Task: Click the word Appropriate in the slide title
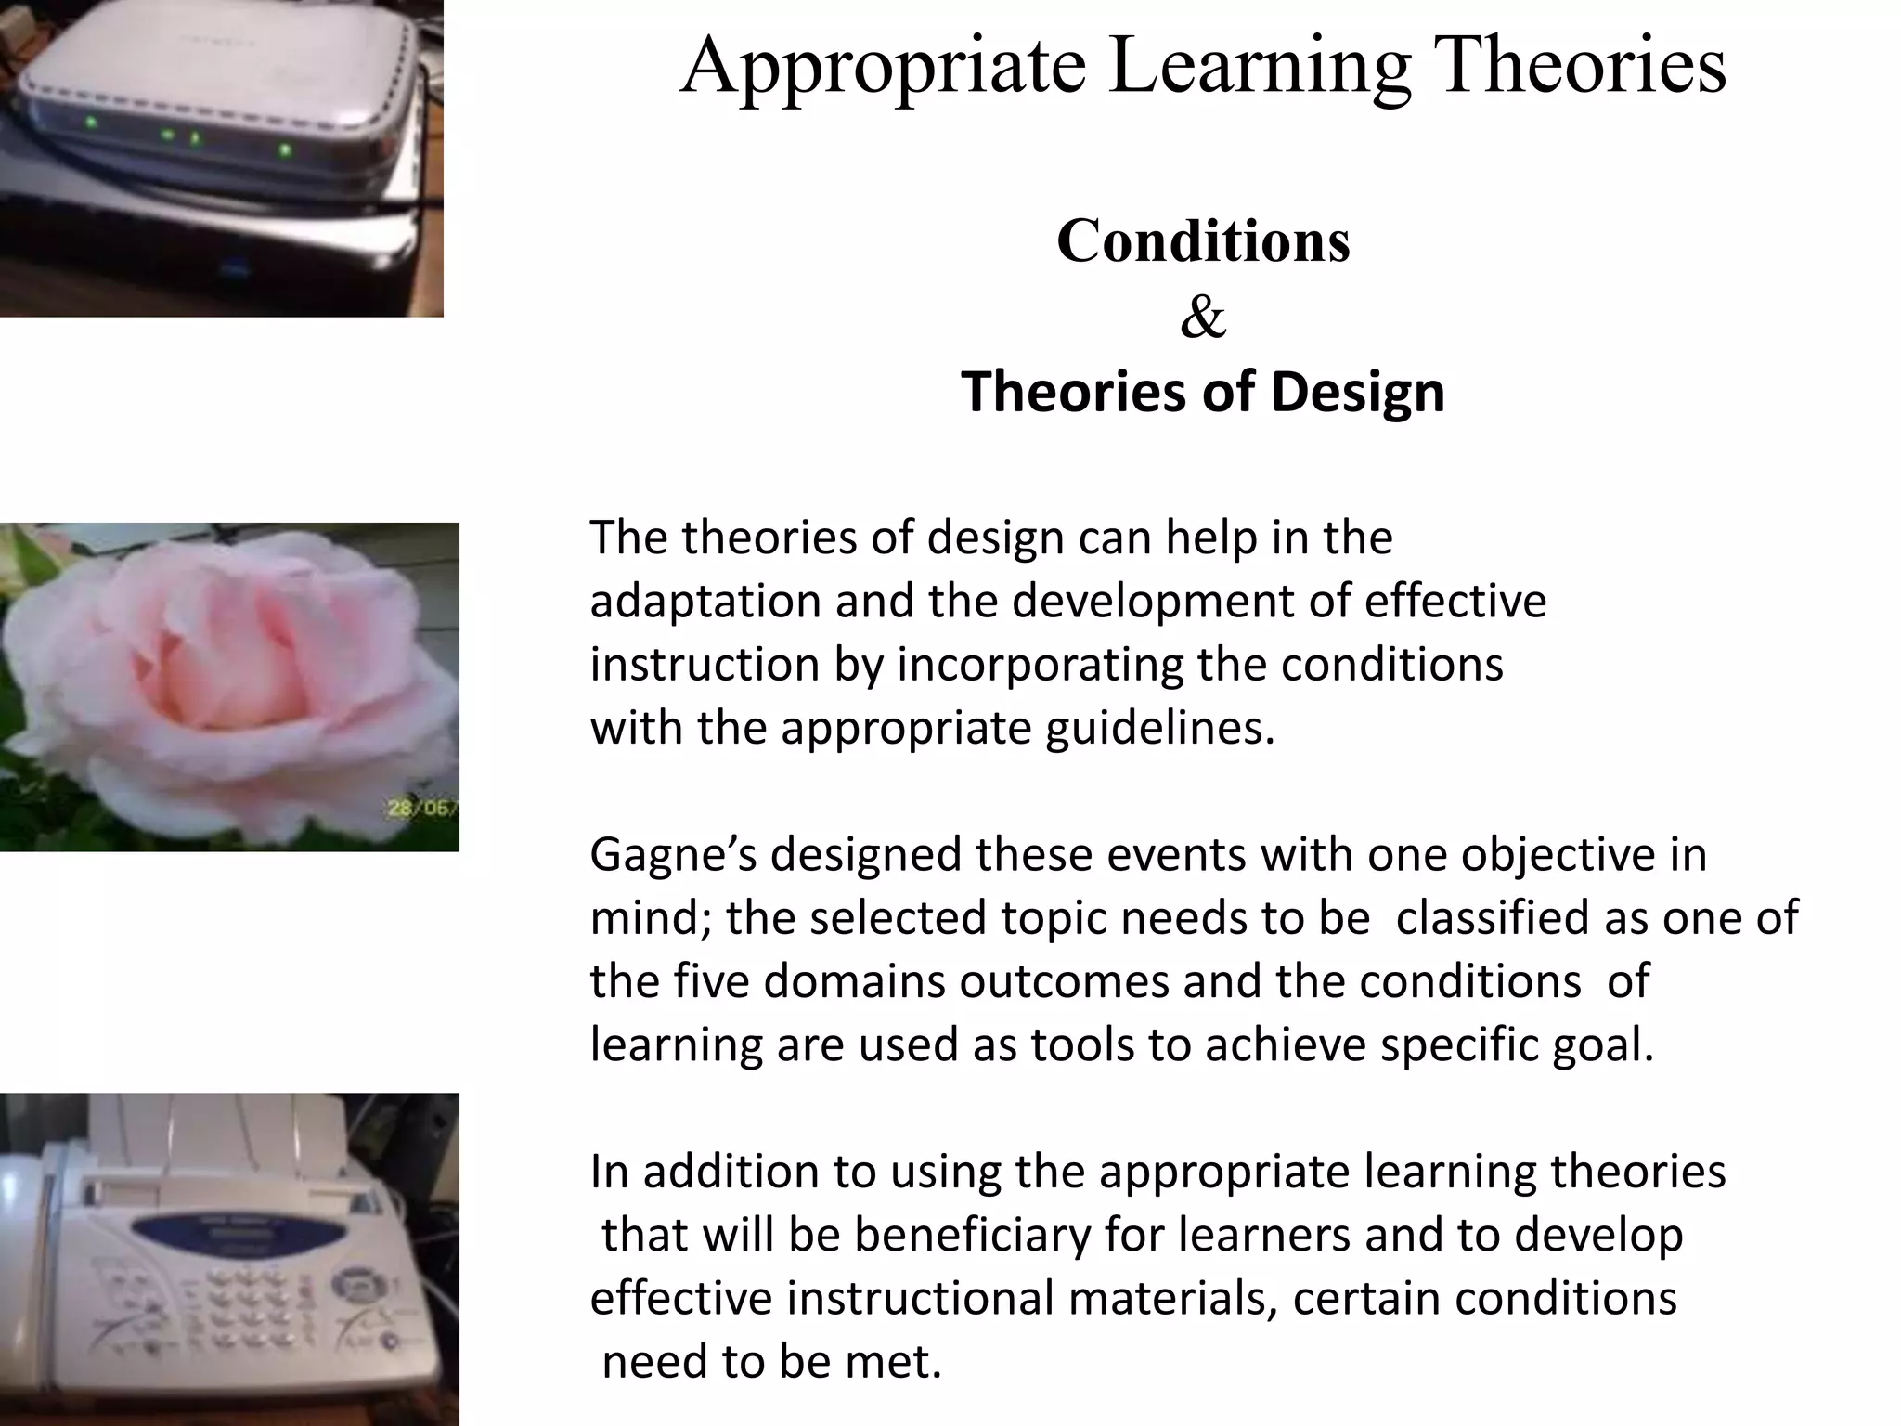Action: tap(883, 67)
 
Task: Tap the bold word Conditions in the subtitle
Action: tap(1203, 241)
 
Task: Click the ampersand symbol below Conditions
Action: tap(1203, 318)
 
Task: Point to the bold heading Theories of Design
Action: tap(1203, 392)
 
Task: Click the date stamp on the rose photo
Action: tap(423, 809)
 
